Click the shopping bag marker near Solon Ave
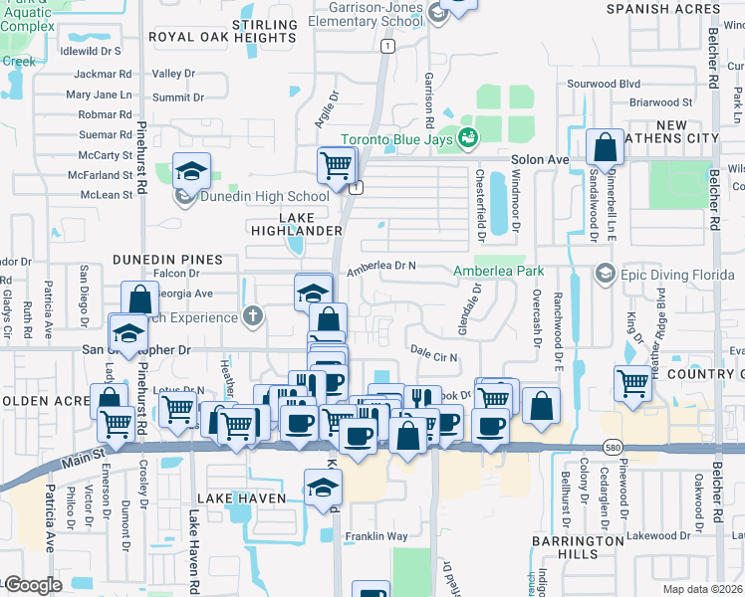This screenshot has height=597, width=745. [x=605, y=149]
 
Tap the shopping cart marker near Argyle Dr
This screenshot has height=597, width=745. [x=337, y=165]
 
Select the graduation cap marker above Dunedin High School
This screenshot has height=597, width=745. [x=191, y=172]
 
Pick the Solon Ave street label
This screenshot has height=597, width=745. [x=540, y=159]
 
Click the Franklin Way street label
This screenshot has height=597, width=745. [x=376, y=537]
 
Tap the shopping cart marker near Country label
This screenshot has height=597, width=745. [x=633, y=382]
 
